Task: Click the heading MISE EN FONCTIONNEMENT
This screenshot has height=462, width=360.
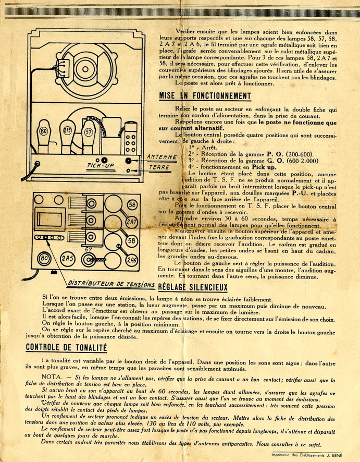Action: point(205,96)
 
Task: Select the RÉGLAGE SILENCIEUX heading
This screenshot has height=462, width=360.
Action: point(192,286)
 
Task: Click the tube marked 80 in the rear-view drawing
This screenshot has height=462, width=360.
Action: point(44,132)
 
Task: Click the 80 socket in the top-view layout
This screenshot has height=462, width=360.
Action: point(45,258)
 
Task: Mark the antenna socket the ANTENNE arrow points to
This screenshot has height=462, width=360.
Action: point(129,160)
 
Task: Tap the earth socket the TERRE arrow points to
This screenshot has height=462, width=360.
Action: point(129,170)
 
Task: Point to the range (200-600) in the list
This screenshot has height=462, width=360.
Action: point(295,154)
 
